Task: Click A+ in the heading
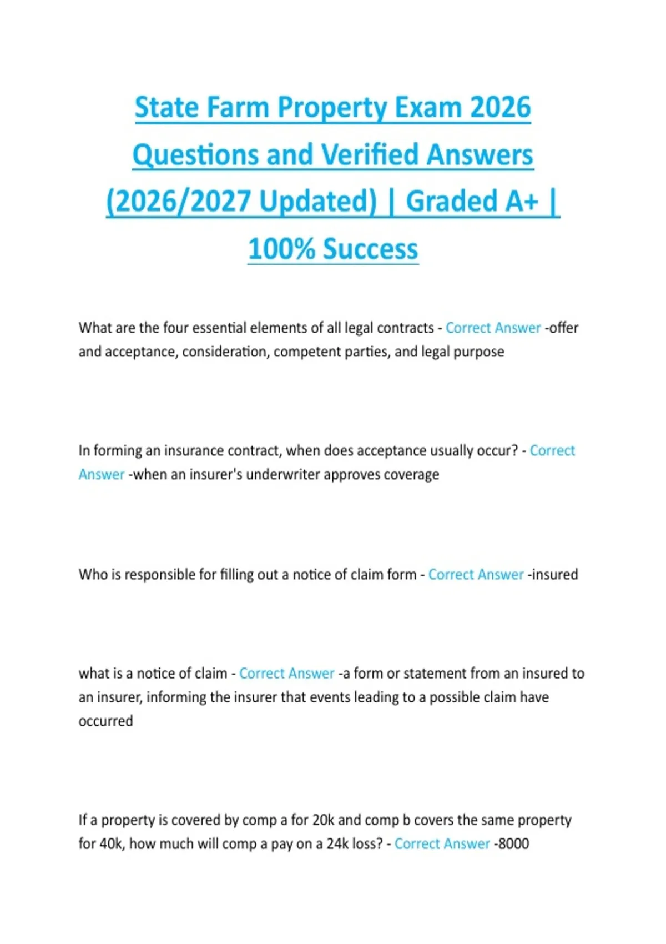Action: [522, 201]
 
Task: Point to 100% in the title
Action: [281, 249]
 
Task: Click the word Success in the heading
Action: [370, 249]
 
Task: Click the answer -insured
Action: [553, 574]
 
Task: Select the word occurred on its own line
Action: [105, 721]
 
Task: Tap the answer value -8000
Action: [511, 844]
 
